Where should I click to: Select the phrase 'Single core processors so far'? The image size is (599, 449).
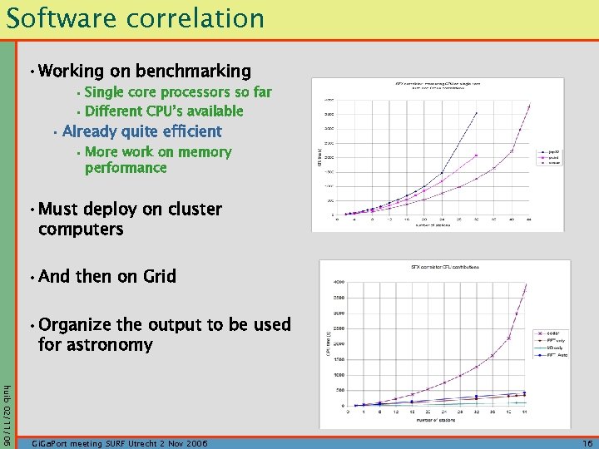coord(178,92)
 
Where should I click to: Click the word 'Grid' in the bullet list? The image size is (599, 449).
coord(159,276)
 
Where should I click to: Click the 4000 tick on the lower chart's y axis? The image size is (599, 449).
coord(339,282)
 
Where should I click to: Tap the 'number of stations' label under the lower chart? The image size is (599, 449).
coord(441,420)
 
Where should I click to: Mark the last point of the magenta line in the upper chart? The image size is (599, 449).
coord(477,155)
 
